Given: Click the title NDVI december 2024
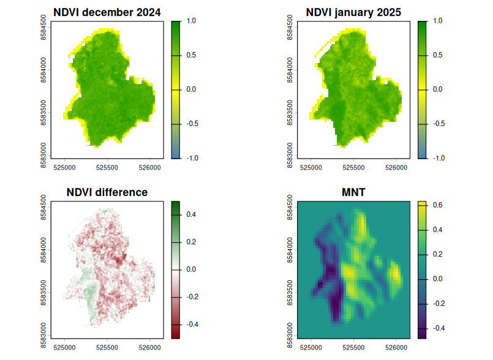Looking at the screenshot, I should click(x=107, y=12).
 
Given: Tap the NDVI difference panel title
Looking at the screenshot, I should click(x=107, y=192).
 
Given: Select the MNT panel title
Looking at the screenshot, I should click(x=353, y=192).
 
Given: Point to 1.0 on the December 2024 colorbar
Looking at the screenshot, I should click(x=191, y=21).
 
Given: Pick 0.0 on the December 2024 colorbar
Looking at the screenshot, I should click(x=191, y=89).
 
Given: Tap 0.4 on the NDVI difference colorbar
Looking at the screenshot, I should click(x=191, y=215).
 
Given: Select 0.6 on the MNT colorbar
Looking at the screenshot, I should click(x=437, y=205).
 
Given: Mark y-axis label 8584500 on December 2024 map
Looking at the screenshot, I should click(x=44, y=28).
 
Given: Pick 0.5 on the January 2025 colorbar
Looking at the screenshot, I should click(x=437, y=55).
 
